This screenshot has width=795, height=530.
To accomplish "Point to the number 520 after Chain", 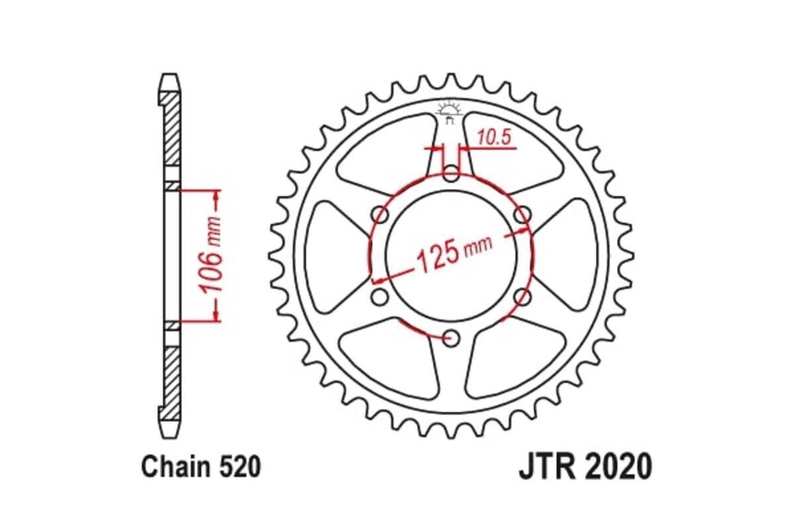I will click(x=238, y=468).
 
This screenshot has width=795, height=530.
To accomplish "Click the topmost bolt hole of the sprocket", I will click(x=451, y=175).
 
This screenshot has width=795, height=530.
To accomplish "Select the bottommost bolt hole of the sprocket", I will click(x=452, y=339).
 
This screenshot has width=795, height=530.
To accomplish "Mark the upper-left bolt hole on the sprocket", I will click(x=380, y=215).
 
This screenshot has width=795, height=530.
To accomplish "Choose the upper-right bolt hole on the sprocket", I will click(x=523, y=215).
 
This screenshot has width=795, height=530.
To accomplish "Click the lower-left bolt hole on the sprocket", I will click(x=380, y=297).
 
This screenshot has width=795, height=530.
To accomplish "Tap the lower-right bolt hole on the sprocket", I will click(x=523, y=297).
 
